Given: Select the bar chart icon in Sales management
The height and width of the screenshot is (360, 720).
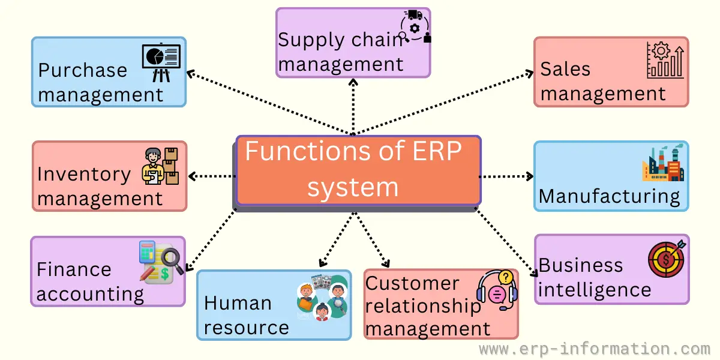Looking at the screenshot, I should [665, 60].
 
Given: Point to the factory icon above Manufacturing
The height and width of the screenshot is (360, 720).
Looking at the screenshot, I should [663, 163].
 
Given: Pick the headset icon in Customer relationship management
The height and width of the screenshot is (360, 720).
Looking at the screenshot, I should [497, 289].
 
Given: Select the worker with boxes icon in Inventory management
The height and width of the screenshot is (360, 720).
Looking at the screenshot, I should [161, 166].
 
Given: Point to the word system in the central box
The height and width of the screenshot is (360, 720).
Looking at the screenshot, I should [353, 187].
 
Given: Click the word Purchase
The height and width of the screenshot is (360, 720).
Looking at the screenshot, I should [83, 70].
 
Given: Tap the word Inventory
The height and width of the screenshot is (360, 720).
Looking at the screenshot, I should [84, 174].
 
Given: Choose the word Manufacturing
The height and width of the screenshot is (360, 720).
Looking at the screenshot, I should [609, 196].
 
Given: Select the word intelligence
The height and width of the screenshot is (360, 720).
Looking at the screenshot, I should [595, 290].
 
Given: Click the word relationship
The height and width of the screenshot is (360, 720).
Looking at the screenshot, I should [423, 306].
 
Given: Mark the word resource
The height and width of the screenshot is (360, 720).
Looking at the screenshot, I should [246, 328].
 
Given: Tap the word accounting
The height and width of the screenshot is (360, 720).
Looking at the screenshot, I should [90, 294].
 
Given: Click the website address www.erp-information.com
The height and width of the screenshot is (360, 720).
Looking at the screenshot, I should [595, 349].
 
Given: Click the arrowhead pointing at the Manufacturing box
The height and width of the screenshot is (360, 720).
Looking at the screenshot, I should [530, 176].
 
